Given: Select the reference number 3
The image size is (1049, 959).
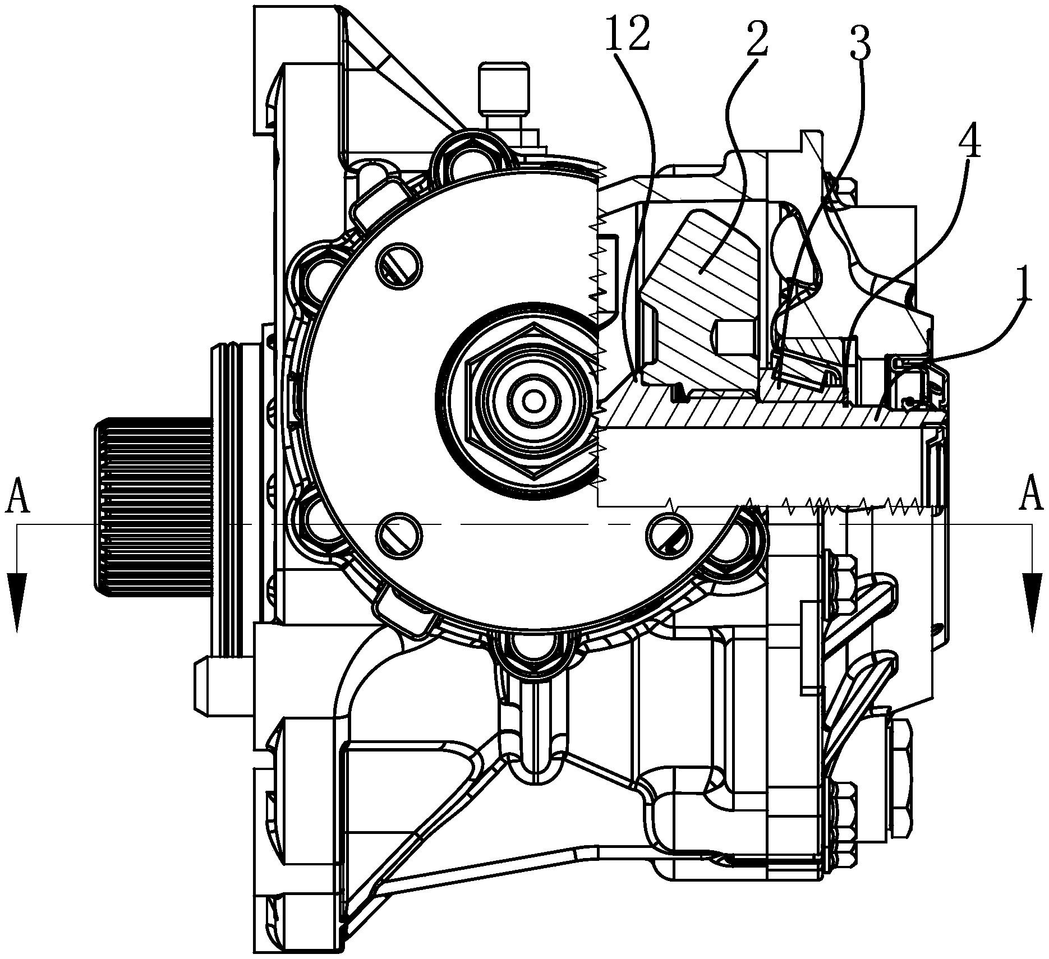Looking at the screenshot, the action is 861,43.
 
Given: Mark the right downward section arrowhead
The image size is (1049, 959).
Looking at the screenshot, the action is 1032,603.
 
